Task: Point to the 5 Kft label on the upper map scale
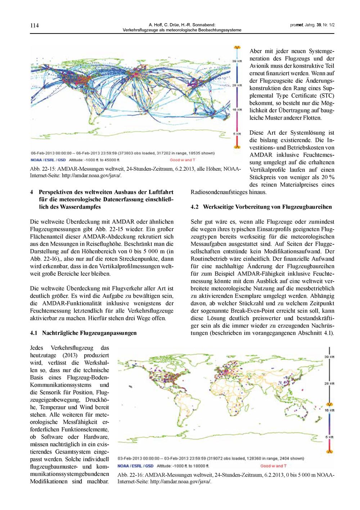[237, 133]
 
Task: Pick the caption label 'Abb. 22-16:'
[131, 475]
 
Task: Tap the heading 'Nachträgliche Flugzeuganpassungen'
[89, 333]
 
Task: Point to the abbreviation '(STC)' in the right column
[326, 95]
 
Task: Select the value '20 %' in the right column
[328, 177]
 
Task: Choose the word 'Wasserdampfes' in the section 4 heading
[83, 207]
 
